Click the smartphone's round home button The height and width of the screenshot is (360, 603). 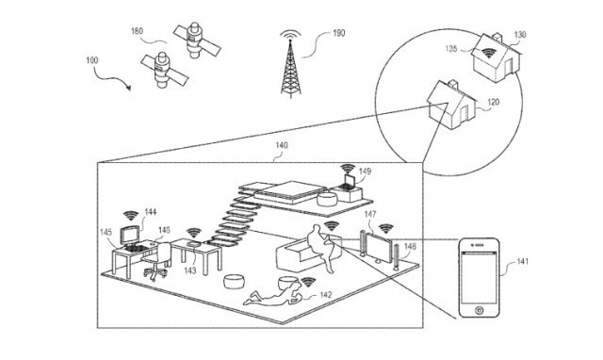(x=481, y=308)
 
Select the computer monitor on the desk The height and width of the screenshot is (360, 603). (x=129, y=236)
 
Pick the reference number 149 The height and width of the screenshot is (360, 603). (x=365, y=172)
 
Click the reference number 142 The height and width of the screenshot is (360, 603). (x=326, y=295)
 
